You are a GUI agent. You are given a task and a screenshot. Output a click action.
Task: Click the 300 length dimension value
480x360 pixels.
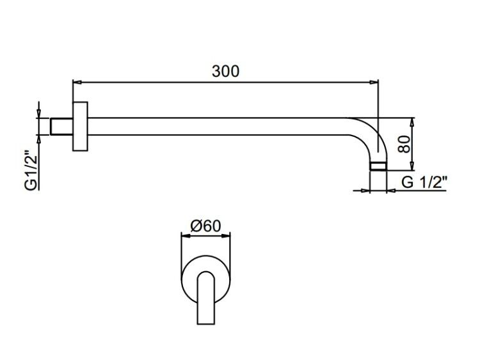click(226, 71)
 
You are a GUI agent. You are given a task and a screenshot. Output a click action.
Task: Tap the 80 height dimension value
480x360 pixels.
click(404, 144)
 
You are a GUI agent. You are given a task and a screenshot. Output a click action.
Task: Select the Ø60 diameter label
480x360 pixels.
click(205, 226)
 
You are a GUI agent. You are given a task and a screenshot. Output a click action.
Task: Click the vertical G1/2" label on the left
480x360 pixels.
click(31, 170)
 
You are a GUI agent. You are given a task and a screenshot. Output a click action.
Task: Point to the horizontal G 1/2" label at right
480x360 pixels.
click(424, 183)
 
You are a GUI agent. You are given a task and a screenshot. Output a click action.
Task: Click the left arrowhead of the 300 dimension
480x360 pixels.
click(77, 82)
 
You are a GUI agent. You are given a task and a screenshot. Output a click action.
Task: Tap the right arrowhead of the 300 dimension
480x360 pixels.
click(374, 82)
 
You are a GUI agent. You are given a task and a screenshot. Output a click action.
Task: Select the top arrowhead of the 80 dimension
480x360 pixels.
click(412, 122)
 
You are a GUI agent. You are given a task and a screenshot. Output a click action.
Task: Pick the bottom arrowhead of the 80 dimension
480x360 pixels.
click(412, 166)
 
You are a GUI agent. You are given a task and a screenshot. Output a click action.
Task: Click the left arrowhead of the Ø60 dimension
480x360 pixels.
click(186, 235)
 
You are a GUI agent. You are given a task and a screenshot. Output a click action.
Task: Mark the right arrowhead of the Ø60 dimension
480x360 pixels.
click(226, 235)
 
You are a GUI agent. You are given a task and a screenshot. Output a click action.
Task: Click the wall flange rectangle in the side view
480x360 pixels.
click(80, 127)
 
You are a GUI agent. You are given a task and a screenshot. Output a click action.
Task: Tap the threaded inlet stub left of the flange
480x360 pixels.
click(61, 127)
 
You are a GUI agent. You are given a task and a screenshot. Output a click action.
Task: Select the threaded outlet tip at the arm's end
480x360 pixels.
click(378, 166)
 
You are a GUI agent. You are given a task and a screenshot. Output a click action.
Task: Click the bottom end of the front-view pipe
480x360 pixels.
click(205, 324)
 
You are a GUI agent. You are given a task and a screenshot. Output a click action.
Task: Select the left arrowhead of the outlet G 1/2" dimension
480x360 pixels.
click(366, 191)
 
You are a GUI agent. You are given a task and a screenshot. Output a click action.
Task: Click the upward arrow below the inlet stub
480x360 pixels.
click(38, 139)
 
